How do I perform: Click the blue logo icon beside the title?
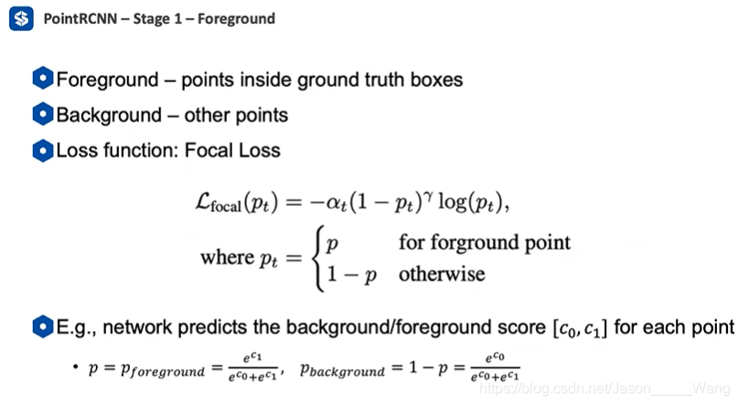tap(21, 18)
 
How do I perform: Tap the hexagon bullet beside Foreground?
tap(43, 78)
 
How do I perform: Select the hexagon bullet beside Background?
tap(43, 114)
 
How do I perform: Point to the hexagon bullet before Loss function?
tap(43, 151)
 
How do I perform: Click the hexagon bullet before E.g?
tap(43, 326)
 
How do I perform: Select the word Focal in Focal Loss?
tap(209, 151)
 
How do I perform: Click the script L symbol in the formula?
tap(203, 201)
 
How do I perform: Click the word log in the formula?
tap(453, 202)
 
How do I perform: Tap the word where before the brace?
tap(228, 257)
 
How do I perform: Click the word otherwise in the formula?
tap(442, 273)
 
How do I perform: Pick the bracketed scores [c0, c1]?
tap(580, 328)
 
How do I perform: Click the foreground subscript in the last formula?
tap(168, 372)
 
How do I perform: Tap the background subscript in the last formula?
tap(348, 371)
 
